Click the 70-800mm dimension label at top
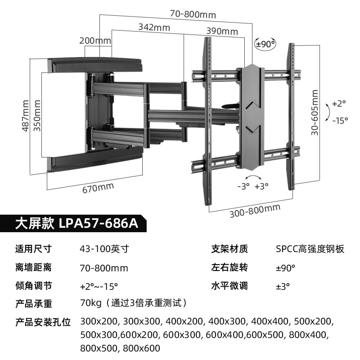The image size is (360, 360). (193, 14)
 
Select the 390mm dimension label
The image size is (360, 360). (222, 31)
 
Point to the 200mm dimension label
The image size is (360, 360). (95, 40)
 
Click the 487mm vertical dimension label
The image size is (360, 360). (26, 116)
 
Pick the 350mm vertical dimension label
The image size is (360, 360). (38, 116)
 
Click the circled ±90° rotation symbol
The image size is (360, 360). (265, 44)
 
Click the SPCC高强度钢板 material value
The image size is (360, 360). (310, 249)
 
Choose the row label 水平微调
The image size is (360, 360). (229, 286)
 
